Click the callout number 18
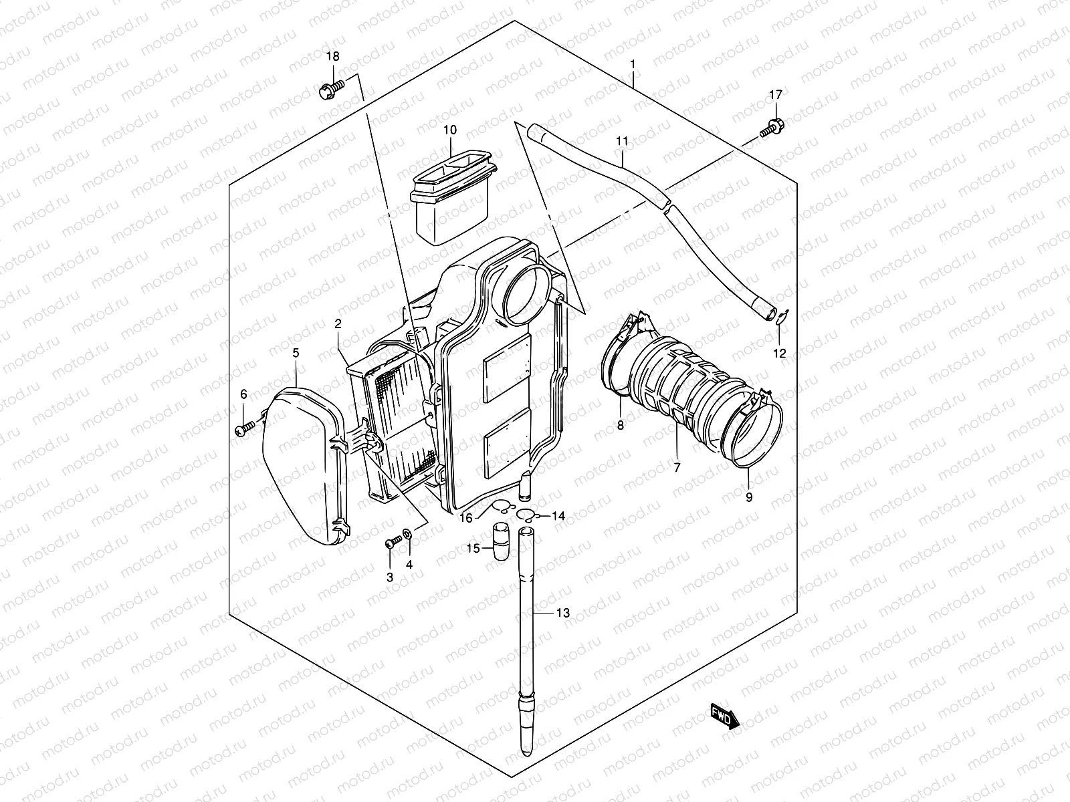point(332,57)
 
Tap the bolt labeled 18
point(330,89)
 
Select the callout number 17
point(775,95)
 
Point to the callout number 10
point(449,130)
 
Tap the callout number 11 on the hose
point(622,141)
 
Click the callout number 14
point(558,516)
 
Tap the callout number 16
point(466,518)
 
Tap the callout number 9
point(749,497)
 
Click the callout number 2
point(338,323)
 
